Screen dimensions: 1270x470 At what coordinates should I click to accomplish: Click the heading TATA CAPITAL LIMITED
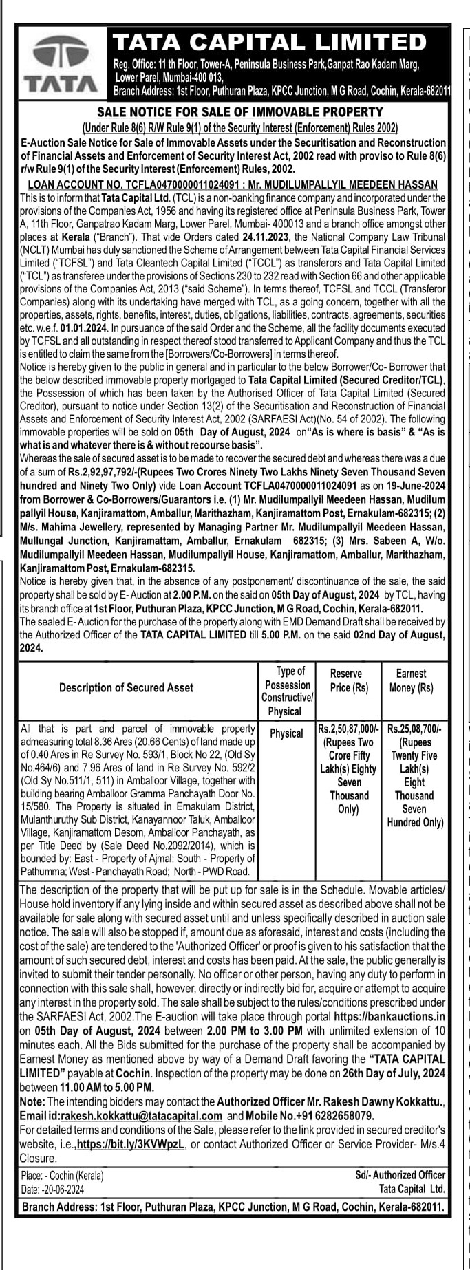(270, 43)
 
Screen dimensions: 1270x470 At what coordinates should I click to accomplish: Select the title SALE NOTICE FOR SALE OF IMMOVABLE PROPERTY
(239, 111)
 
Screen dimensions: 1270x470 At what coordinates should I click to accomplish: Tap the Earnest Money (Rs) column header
(412, 680)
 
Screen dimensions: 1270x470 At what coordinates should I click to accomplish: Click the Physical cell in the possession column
(286, 733)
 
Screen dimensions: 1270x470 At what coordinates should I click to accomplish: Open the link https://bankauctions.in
(389, 1016)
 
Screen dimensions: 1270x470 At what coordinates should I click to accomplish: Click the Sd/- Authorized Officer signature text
(400, 1175)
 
